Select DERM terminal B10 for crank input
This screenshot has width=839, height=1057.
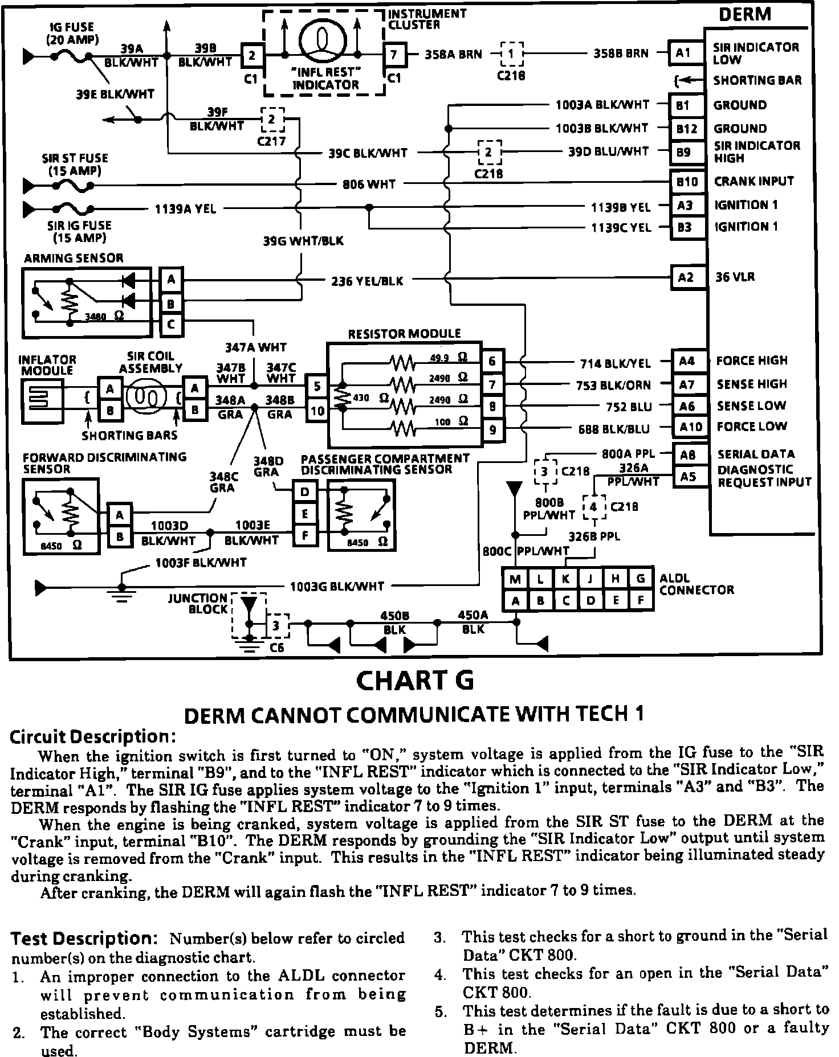[x=687, y=182]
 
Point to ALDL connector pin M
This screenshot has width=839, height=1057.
[x=515, y=579]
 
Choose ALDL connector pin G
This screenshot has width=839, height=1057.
[x=641, y=579]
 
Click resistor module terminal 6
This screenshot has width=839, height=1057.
[x=492, y=361]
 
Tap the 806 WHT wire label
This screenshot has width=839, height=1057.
[x=369, y=184]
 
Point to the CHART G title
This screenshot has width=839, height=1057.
[x=414, y=680]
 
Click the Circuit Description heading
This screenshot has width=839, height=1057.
[x=93, y=736]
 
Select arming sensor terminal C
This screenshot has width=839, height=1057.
[x=171, y=325]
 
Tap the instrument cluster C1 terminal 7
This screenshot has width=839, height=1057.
[x=394, y=55]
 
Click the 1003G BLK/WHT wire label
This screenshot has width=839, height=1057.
[x=337, y=586]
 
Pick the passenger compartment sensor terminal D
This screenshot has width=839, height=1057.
[x=305, y=491]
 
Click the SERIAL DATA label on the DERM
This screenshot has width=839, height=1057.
[x=756, y=454]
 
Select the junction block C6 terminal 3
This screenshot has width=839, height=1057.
[x=276, y=625]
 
